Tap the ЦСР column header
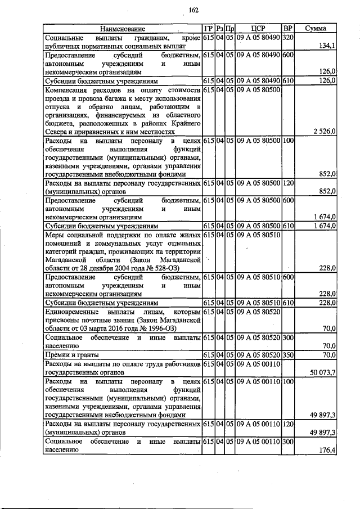tap(258, 28)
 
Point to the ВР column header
tap(287, 28)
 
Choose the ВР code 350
tap(287, 355)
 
